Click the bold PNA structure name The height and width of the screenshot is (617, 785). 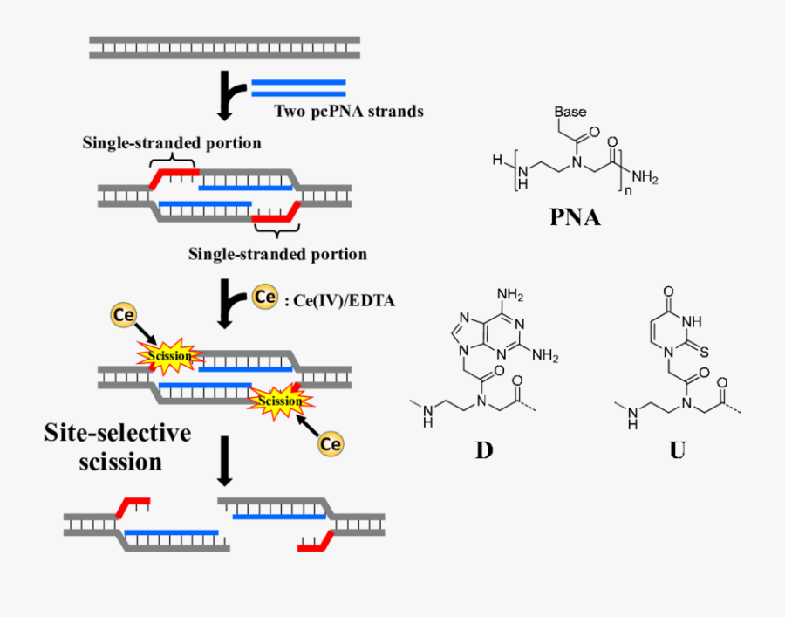click(575, 216)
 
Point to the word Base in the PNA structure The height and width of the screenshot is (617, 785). click(570, 113)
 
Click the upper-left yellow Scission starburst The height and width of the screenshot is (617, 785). click(168, 356)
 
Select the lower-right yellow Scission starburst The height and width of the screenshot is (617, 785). click(281, 400)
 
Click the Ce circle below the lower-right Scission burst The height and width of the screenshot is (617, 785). click(331, 443)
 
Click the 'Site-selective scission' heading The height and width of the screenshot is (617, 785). click(118, 447)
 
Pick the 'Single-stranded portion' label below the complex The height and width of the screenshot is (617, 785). click(277, 254)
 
